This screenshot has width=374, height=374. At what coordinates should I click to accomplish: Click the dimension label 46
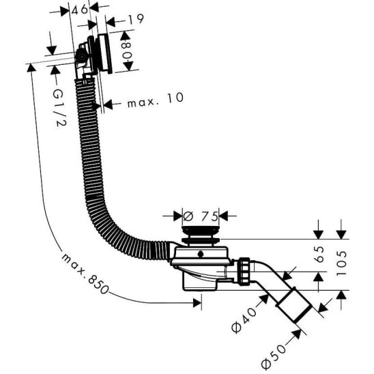pyautogui.click(x=80, y=10)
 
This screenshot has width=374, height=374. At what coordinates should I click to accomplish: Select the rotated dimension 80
pyautogui.click(x=127, y=51)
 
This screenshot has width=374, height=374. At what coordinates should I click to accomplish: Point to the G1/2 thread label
pyautogui.click(x=59, y=108)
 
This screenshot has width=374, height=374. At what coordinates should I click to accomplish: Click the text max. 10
pyautogui.click(x=156, y=100)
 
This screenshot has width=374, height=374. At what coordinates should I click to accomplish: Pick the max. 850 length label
pyautogui.click(x=85, y=274)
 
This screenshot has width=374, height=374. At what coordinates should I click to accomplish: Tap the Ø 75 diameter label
pyautogui.click(x=201, y=216)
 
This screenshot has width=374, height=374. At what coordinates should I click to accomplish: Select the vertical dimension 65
pyautogui.click(x=319, y=255)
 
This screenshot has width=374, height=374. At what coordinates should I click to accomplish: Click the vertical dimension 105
pyautogui.click(x=341, y=263)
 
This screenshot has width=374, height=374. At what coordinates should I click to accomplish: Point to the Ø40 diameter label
pyautogui.click(x=244, y=320)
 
